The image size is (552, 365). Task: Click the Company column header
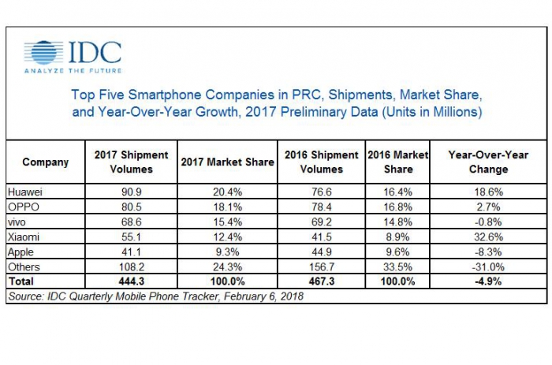pos(45,162)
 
